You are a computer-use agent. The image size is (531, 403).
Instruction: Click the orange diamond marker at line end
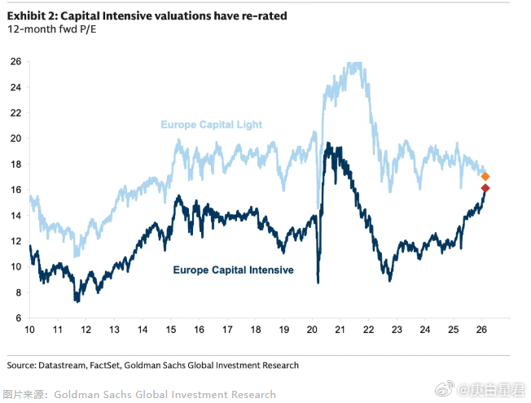[485, 177]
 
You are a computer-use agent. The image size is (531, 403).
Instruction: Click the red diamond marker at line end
[485, 189]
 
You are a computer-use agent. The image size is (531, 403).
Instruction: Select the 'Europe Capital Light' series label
[211, 125]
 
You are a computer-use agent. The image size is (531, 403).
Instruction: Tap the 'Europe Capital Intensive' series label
[233, 269]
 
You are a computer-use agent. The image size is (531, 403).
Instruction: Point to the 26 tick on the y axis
[15, 62]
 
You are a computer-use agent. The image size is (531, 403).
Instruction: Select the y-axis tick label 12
[15, 241]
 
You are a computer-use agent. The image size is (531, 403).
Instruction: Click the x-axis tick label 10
[30, 331]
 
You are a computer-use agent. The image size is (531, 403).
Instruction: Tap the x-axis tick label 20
[311, 331]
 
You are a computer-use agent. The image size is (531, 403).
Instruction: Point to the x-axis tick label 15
[171, 331]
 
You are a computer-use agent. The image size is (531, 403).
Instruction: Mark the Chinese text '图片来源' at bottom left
[22, 394]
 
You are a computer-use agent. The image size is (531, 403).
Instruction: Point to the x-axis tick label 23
[396, 331]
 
